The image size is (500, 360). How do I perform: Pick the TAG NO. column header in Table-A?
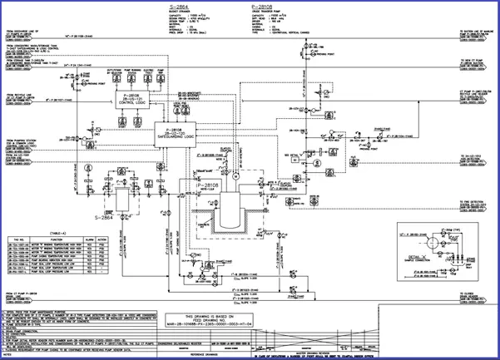click(x=22, y=240)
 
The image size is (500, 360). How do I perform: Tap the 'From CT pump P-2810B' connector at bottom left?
click(x=23, y=296)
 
